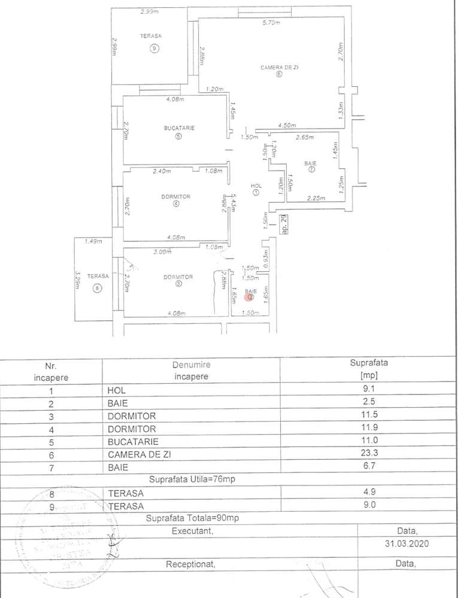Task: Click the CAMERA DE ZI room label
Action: pos(279,68)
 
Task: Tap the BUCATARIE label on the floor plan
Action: pos(179,128)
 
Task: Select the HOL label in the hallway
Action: pos(257,186)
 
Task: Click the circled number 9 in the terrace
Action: pos(154,48)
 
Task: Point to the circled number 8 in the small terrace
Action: pos(98,289)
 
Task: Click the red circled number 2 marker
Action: pos(251,296)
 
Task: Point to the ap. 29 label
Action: pos(285,224)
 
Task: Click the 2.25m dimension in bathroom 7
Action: pos(315,198)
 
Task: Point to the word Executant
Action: pos(191,531)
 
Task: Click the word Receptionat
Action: pos(190,564)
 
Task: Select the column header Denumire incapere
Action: pos(191,371)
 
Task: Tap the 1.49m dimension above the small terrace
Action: pos(93,241)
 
